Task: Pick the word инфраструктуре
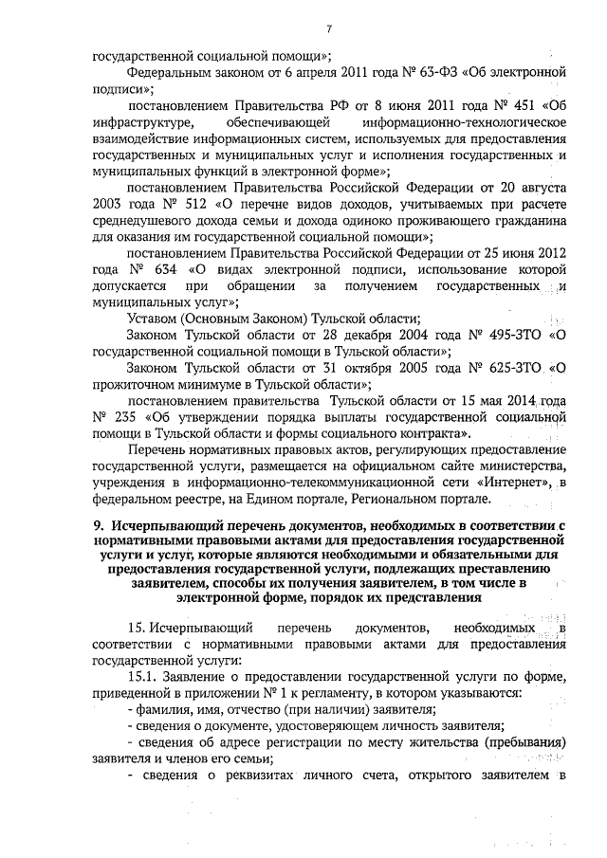(145, 122)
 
